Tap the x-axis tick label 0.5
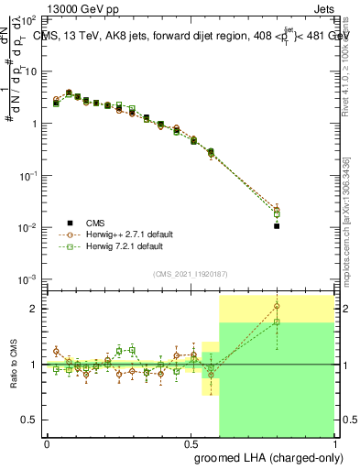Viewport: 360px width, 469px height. point(191,442)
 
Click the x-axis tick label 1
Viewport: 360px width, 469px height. point(334,442)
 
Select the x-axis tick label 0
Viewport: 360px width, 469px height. point(47,442)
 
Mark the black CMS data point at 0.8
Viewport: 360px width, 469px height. point(277,225)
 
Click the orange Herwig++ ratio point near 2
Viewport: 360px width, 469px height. point(277,307)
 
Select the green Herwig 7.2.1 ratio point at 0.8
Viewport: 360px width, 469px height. point(277,322)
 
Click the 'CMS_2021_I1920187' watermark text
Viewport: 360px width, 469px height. point(190,274)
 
